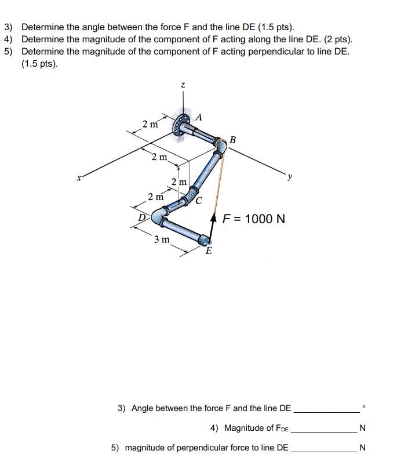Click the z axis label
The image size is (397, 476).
point(183,85)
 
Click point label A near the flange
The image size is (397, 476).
point(199,117)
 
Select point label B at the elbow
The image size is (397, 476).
point(232,140)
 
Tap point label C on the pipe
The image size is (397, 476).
point(198,202)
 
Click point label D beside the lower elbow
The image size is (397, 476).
point(141,217)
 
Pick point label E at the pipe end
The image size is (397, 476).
point(209,251)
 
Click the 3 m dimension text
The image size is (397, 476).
point(162,239)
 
